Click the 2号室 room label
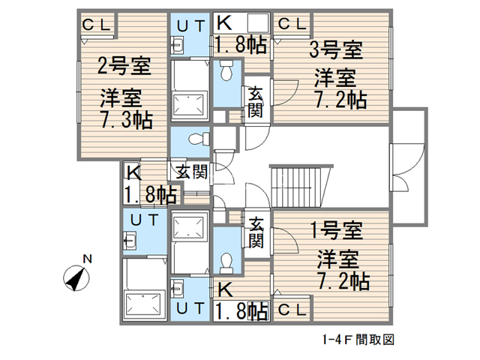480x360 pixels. [x=124, y=67]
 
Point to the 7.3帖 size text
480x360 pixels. [x=126, y=118]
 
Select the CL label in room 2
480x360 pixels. [x=97, y=24]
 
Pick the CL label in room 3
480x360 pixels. [x=293, y=24]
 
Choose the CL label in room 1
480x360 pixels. [x=292, y=310]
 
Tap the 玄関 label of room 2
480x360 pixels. [x=192, y=171]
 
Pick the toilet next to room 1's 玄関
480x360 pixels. [x=226, y=260]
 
